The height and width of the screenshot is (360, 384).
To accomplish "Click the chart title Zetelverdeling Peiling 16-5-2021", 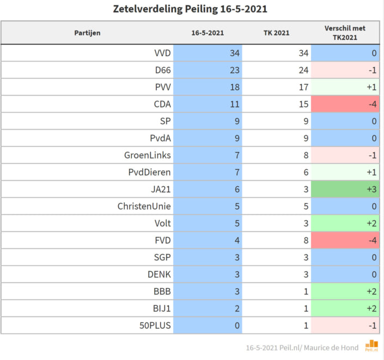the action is [190, 9].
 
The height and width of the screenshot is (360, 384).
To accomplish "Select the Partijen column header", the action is [87, 33].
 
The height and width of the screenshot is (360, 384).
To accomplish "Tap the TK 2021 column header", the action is [276, 33].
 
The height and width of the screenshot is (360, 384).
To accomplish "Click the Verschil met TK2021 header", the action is [345, 33].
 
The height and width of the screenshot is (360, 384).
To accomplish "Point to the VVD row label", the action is [162, 53].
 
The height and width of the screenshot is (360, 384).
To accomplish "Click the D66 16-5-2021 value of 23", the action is [235, 70].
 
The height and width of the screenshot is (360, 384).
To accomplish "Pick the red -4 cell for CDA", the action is [345, 104].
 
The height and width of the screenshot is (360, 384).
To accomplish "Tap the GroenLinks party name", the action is [148, 155].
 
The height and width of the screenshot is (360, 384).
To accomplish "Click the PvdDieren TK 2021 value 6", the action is [306, 172].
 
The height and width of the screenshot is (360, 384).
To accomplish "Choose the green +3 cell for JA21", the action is [345, 189].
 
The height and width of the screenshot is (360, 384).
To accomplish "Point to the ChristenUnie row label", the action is [144, 206].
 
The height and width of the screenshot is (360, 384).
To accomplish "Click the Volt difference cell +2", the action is [345, 223].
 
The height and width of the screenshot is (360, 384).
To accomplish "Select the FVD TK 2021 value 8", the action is [306, 240].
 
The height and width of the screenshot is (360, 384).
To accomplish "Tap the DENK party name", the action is [159, 274].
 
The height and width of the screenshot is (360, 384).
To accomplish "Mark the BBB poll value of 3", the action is [237, 291].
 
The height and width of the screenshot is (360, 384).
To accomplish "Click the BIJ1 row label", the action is [162, 308].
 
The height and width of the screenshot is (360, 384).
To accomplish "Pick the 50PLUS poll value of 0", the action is [237, 326].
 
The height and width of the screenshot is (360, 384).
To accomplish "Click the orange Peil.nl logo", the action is [372, 345].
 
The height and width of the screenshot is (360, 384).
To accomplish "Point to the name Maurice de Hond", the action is [331, 348].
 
